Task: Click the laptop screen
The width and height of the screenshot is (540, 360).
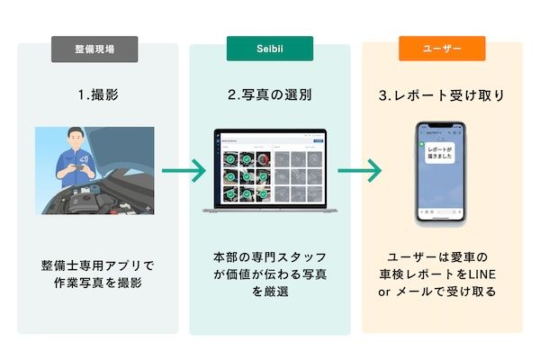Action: tap(269, 169)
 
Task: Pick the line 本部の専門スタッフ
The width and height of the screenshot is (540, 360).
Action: tap(269, 257)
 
